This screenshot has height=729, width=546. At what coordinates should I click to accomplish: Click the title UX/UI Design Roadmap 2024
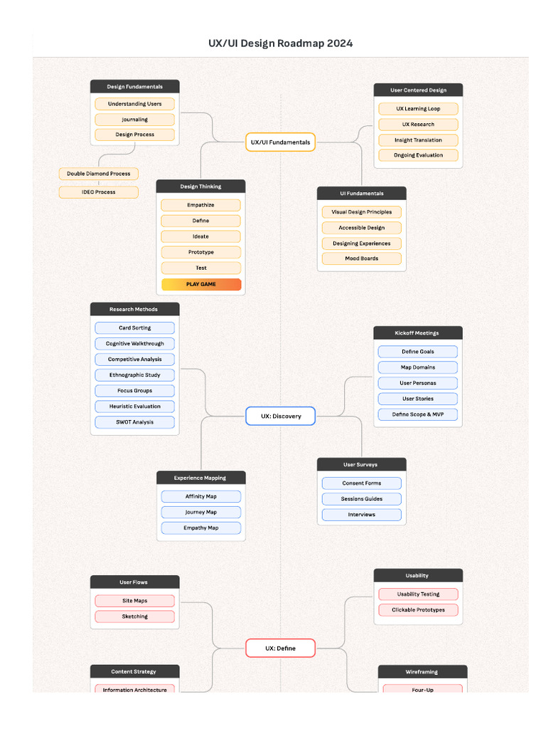tap(280, 43)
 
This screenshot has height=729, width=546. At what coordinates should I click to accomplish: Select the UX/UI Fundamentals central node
tap(280, 142)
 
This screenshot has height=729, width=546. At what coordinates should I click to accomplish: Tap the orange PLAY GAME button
tap(201, 284)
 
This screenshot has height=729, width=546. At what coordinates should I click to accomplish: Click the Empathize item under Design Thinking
tap(201, 205)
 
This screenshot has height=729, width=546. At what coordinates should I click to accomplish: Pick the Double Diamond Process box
tap(99, 174)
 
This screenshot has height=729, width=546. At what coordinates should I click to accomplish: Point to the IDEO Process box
tap(99, 192)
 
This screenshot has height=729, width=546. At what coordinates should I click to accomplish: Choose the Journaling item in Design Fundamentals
tap(134, 120)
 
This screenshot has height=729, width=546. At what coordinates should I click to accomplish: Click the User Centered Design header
tap(418, 90)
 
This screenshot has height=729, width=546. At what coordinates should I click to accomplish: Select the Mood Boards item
tap(361, 258)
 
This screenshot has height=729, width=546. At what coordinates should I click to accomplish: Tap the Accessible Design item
tap(361, 228)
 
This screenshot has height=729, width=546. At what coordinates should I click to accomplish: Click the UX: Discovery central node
tap(280, 416)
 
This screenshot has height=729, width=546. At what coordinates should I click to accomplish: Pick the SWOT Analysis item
tap(134, 422)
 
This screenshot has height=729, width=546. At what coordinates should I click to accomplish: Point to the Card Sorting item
tap(134, 328)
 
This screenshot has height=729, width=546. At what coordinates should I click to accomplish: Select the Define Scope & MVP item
tap(417, 414)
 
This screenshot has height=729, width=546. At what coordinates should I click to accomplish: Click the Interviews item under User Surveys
tap(361, 515)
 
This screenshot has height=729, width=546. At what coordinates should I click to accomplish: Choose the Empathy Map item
tap(201, 528)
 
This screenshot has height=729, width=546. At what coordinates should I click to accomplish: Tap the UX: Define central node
tap(280, 649)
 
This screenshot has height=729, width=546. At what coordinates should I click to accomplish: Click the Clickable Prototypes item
tap(418, 610)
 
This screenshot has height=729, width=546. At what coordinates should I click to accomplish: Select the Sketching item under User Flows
tap(134, 617)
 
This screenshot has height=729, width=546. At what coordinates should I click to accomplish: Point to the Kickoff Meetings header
tap(417, 333)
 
